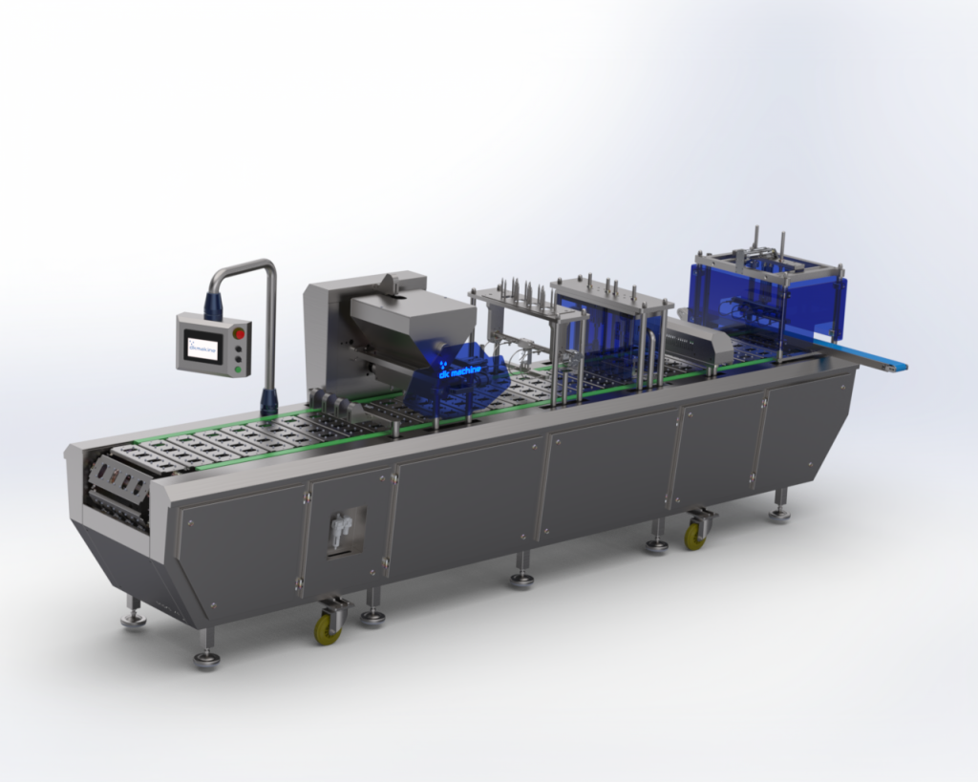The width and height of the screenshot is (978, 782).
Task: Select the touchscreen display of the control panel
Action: click(202, 347)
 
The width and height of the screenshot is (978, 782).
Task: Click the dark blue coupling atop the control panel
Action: click(211, 306)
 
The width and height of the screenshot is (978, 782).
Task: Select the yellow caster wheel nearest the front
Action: click(328, 629)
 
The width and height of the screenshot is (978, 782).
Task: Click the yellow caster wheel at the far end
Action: click(694, 537)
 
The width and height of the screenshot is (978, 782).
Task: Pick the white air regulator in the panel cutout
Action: click(338, 528)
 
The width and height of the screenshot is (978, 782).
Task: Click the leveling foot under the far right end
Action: click(779, 515)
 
